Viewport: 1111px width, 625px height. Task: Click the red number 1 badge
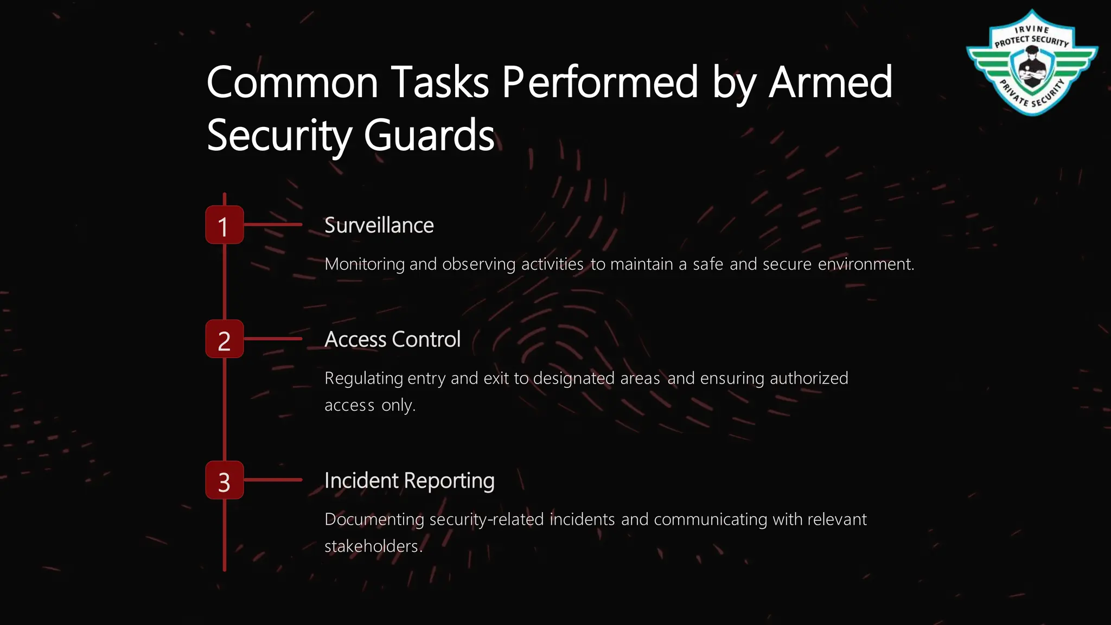[x=224, y=225]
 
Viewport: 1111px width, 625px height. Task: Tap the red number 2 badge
[x=224, y=339]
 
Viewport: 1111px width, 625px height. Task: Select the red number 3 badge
[x=224, y=480]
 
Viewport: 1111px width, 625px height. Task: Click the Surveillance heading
[x=379, y=225]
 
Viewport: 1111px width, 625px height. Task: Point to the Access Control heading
[x=392, y=340]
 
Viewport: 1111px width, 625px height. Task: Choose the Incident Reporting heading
[x=409, y=481]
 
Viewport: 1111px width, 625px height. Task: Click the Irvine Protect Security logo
[x=1031, y=63]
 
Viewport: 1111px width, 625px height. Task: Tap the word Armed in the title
[x=830, y=82]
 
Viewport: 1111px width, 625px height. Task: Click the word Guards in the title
[x=429, y=136]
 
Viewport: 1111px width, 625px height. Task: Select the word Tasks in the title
[x=439, y=82]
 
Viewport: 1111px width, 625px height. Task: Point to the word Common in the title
[x=292, y=82]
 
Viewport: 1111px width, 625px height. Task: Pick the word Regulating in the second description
[x=363, y=378]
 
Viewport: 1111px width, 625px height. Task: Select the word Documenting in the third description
[x=374, y=519]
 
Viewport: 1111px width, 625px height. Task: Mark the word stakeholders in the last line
[x=373, y=546]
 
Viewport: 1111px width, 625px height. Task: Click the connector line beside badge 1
[x=273, y=225]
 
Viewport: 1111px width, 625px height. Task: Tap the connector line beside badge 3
[x=273, y=480]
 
